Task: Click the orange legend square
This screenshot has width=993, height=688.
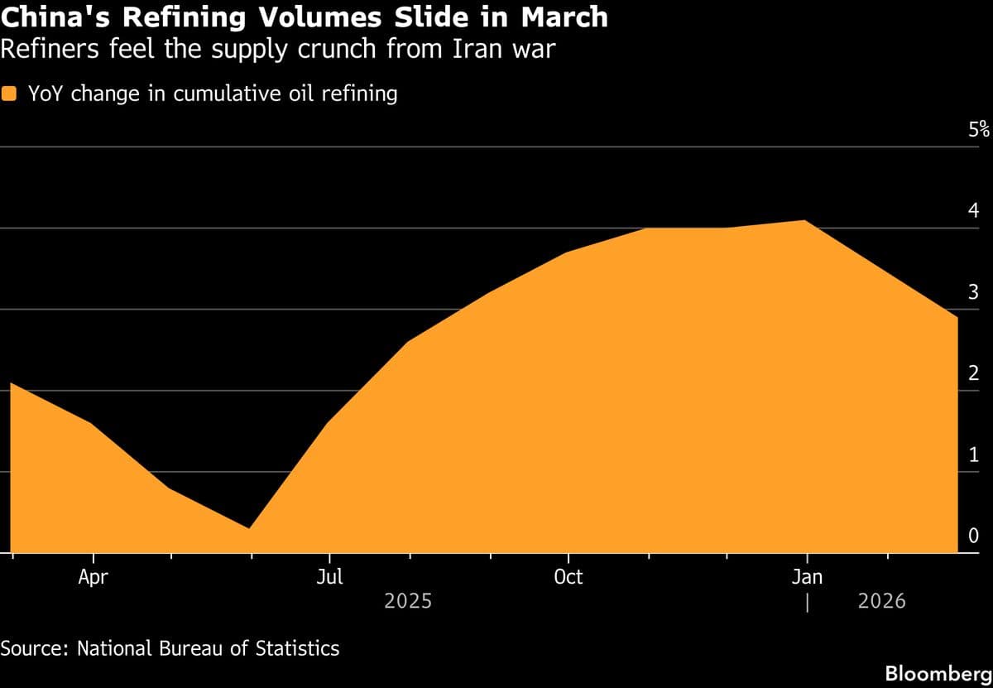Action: (10, 94)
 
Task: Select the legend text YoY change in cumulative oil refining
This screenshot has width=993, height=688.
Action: (213, 94)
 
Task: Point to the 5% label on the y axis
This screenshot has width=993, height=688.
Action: (979, 129)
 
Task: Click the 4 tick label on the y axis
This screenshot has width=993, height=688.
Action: (973, 210)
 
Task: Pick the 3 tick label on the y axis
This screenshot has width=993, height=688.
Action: (973, 291)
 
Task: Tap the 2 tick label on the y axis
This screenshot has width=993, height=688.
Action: (973, 373)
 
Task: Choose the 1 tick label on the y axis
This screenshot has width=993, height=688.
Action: (973, 455)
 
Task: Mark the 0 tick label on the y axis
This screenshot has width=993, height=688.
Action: (973, 536)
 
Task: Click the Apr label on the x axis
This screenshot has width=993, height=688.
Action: (93, 577)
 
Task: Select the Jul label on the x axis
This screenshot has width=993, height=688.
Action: (330, 577)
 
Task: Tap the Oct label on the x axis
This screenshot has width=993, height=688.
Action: (568, 577)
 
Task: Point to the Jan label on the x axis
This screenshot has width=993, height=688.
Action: (807, 577)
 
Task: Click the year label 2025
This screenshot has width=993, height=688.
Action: (408, 601)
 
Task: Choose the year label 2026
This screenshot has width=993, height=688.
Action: (881, 601)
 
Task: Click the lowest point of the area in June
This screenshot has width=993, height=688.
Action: (250, 528)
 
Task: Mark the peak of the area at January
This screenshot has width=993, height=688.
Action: (805, 220)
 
